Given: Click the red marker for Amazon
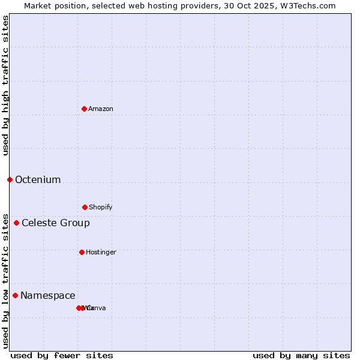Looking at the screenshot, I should [84, 109].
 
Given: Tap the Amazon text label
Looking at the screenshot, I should [101, 109].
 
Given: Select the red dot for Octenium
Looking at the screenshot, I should [10, 179].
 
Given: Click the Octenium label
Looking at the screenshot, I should [38, 179].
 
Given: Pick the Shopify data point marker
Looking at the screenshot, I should [85, 207].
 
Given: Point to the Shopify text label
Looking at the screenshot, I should [101, 207].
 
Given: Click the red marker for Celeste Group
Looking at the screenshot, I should [16, 223].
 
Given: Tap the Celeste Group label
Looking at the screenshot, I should [56, 223].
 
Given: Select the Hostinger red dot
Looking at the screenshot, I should [82, 252].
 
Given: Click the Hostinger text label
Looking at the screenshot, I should [101, 252].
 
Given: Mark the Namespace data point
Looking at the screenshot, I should [15, 295].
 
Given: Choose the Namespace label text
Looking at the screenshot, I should [48, 295].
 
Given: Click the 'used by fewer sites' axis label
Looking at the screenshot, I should [62, 355].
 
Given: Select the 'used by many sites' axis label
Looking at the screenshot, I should [301, 355].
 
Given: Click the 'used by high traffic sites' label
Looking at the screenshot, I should [5, 85].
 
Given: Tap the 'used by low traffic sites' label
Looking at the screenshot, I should [5, 280].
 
